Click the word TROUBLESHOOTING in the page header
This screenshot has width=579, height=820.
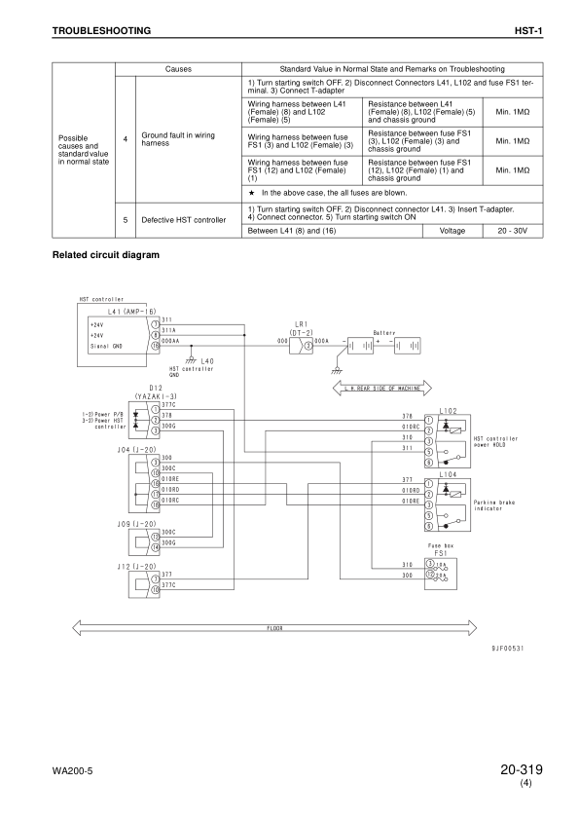(x=101, y=31)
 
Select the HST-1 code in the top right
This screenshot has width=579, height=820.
(x=527, y=31)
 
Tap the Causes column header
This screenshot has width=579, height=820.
(x=178, y=70)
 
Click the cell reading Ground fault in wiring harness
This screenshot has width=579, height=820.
(x=178, y=139)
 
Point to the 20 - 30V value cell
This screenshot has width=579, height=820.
(x=514, y=231)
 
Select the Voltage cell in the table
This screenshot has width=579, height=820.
(x=452, y=231)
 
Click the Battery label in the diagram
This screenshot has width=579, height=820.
(x=383, y=333)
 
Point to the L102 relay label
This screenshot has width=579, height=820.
(x=448, y=412)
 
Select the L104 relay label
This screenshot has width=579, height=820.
(x=448, y=473)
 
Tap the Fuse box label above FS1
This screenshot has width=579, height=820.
(x=442, y=547)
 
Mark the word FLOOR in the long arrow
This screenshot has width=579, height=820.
(x=274, y=628)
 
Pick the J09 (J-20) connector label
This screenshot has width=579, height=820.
(x=136, y=523)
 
